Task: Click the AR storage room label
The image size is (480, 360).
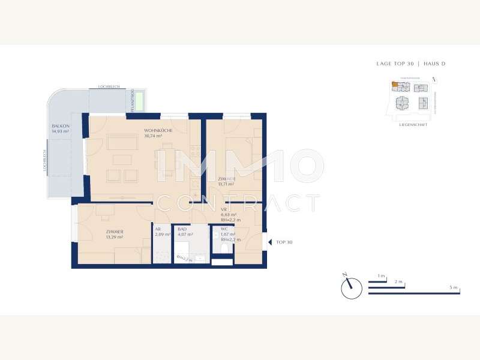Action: pyautogui.click(x=158, y=229)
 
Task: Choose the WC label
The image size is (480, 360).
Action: pyautogui.click(x=224, y=229)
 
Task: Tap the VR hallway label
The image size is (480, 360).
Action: pyautogui.click(x=224, y=209)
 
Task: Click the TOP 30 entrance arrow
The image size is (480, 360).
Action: pyautogui.click(x=269, y=242)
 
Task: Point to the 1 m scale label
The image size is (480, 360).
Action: pyautogui.click(x=381, y=275)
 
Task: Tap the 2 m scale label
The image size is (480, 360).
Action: pyautogui.click(x=398, y=281)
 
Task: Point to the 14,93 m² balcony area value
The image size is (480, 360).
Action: pyautogui.click(x=61, y=131)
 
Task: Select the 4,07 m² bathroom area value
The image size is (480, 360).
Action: pyautogui.click(x=185, y=234)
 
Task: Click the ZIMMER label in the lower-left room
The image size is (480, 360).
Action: pyautogui.click(x=114, y=232)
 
